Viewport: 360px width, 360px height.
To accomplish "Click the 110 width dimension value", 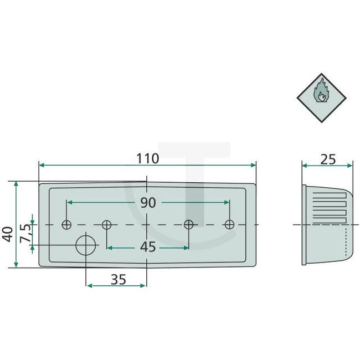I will point(147,158).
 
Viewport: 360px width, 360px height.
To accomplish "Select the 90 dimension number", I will point(147,203).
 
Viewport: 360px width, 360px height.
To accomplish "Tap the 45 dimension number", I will point(147,247).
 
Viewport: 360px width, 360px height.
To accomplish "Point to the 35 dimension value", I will point(117,280).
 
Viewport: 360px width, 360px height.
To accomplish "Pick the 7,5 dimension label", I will point(25,234).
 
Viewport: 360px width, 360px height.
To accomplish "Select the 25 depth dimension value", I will point(328,159).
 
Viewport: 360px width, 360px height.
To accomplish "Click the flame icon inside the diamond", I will point(321,92).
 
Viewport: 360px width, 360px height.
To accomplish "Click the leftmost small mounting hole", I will point(67,224).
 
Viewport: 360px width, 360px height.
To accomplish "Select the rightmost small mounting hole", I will point(229,224).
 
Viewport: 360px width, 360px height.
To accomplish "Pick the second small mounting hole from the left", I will point(107,224).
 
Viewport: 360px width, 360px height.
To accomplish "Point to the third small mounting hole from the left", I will point(189,224).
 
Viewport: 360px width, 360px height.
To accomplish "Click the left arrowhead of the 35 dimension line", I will point(89,286).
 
